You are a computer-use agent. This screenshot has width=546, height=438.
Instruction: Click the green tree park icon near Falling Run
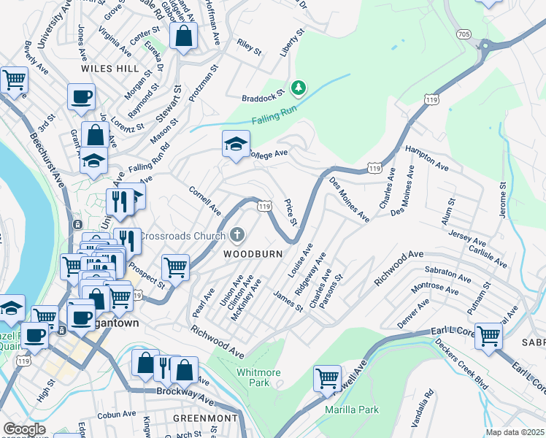(298, 88)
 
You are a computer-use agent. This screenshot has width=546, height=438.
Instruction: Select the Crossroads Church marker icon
(237, 235)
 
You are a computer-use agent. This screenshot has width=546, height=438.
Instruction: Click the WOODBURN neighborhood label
(253, 254)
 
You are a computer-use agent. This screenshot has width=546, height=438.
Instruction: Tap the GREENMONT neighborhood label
(205, 418)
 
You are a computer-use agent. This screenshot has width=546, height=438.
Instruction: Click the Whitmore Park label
(258, 377)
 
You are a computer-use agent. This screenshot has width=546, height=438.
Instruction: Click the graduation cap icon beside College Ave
(237, 144)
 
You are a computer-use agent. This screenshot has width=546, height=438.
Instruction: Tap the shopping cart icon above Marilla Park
(328, 378)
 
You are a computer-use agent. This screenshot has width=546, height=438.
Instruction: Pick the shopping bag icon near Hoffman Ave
(183, 35)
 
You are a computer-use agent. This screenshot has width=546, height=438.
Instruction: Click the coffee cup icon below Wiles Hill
(81, 97)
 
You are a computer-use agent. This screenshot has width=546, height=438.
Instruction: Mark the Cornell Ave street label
(205, 201)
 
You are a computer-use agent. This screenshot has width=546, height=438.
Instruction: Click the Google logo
(25, 429)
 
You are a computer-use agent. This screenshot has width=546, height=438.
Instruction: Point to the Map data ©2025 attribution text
(515, 432)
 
